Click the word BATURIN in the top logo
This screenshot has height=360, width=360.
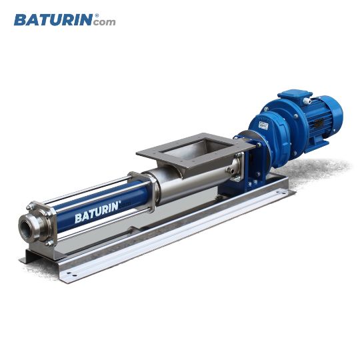pyautogui.click(x=53, y=20)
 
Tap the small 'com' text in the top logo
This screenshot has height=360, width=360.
pyautogui.click(x=105, y=22)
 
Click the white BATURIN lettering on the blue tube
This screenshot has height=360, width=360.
pyautogui.click(x=97, y=212)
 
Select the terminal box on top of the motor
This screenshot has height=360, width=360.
pyautogui.click(x=295, y=96)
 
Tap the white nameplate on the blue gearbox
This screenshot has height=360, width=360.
pyautogui.click(x=263, y=125)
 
